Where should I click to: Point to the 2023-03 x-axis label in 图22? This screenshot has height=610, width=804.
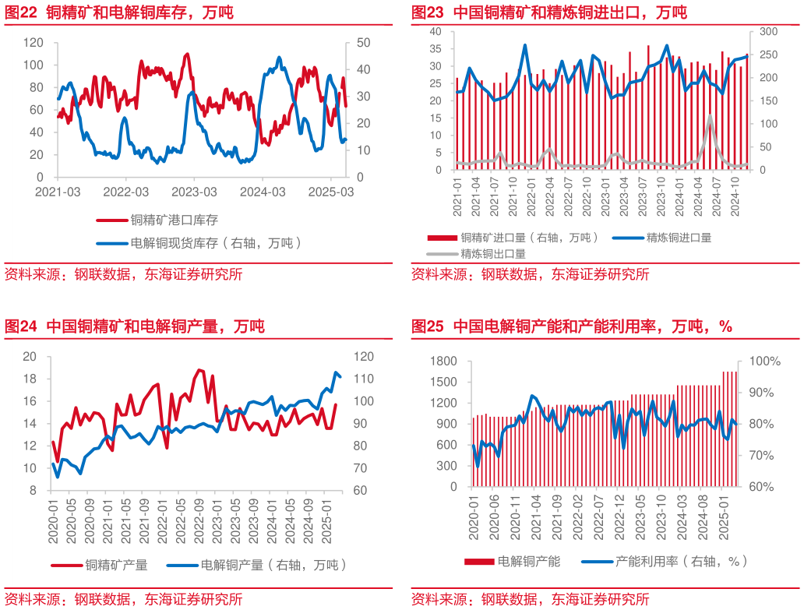tap(194, 192)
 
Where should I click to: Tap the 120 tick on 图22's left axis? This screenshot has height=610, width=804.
tap(33, 42)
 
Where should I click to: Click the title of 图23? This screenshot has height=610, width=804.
tap(549, 12)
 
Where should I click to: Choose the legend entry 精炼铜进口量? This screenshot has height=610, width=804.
tap(679, 238)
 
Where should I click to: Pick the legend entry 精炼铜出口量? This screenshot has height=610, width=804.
tap(492, 253)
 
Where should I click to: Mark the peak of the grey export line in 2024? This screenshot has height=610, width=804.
tap(710, 117)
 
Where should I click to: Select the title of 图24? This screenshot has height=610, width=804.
tap(134, 326)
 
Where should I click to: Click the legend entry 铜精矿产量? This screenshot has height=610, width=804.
tap(116, 565)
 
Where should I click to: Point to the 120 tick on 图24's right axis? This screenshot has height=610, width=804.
tap(363, 357)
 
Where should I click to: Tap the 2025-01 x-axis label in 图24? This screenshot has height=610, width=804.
tap(326, 518)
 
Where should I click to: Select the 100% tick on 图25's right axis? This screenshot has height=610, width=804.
tap(765, 361)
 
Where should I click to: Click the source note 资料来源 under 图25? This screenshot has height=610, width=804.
tap(530, 599)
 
